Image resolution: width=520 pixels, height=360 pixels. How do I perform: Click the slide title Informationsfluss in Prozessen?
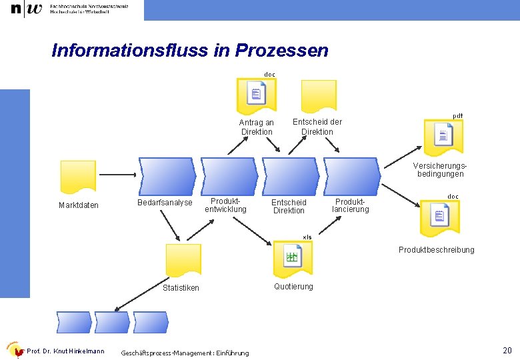(x=189, y=51)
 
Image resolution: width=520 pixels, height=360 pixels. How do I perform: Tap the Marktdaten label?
(x=78, y=205)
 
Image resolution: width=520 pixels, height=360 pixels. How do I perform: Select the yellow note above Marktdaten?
(x=78, y=177)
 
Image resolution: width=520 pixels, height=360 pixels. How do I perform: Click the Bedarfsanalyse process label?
(x=165, y=203)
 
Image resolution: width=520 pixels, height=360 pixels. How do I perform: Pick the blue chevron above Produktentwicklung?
(x=229, y=175)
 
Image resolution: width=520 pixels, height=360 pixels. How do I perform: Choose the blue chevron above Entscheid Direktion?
(x=290, y=175)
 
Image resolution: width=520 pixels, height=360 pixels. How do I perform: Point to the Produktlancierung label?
(x=350, y=205)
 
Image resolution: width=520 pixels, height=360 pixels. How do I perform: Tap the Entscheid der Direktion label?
(x=317, y=127)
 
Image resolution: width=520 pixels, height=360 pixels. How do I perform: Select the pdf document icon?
(x=443, y=136)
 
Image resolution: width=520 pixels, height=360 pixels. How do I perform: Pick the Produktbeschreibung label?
(x=437, y=250)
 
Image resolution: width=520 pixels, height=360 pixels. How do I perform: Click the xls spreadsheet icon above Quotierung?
(x=293, y=257)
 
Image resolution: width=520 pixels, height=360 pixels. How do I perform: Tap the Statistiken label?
(x=181, y=288)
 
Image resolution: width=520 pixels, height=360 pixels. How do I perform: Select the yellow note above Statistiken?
(x=183, y=261)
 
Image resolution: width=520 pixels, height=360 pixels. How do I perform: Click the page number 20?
(x=507, y=351)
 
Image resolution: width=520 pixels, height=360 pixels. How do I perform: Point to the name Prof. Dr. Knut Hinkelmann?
(x=65, y=351)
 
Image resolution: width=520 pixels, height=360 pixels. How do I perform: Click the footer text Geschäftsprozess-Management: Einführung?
(x=185, y=353)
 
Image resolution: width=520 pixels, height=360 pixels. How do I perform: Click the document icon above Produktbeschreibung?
(x=439, y=216)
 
